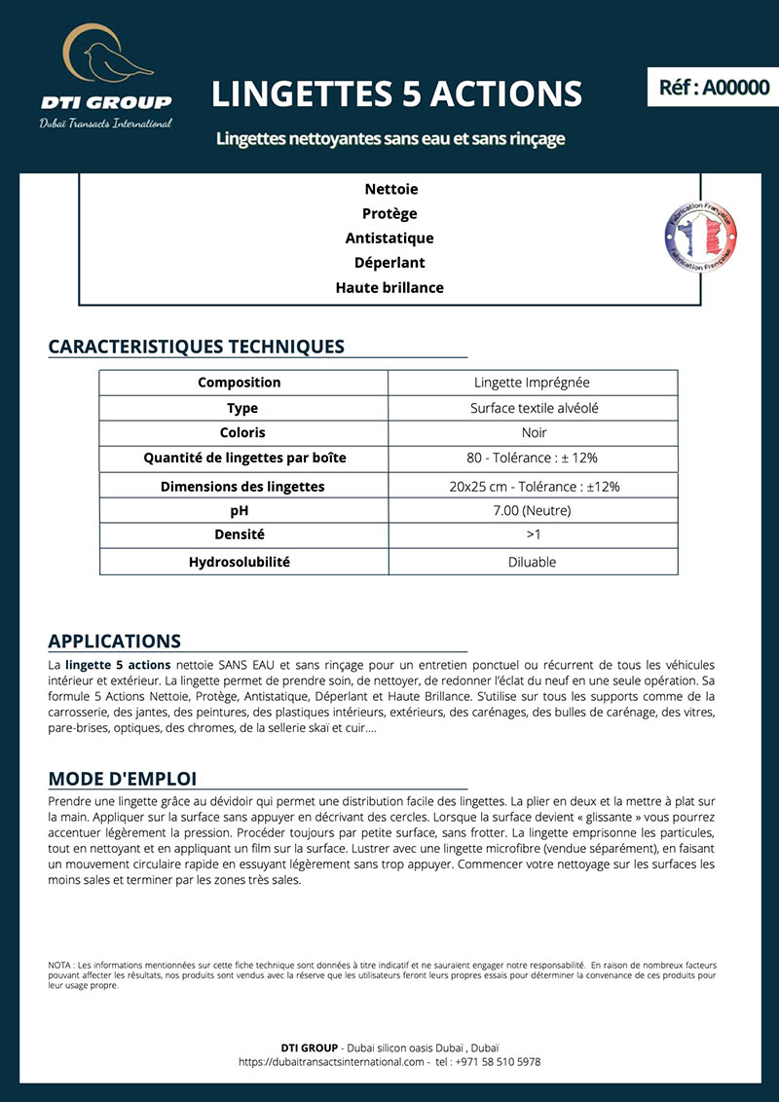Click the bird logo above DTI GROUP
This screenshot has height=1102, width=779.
108,58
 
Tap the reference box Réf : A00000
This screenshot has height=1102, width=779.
714,88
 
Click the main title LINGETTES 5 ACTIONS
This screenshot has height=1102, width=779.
396,93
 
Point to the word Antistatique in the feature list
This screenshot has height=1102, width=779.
389,239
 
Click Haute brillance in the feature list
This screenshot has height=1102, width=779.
389,287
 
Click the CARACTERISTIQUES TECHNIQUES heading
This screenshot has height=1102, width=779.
196,347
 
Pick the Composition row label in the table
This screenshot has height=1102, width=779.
240,383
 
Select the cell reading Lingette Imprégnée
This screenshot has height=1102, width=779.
532,383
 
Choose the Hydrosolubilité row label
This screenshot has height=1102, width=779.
240,562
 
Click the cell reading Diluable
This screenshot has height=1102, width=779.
533,562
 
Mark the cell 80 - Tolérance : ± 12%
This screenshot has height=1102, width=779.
533,458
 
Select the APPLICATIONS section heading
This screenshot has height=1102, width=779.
115,642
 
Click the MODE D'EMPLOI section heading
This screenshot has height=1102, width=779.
123,779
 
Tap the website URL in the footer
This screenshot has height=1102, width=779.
331,1062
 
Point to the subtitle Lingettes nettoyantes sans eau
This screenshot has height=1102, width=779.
390,139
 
